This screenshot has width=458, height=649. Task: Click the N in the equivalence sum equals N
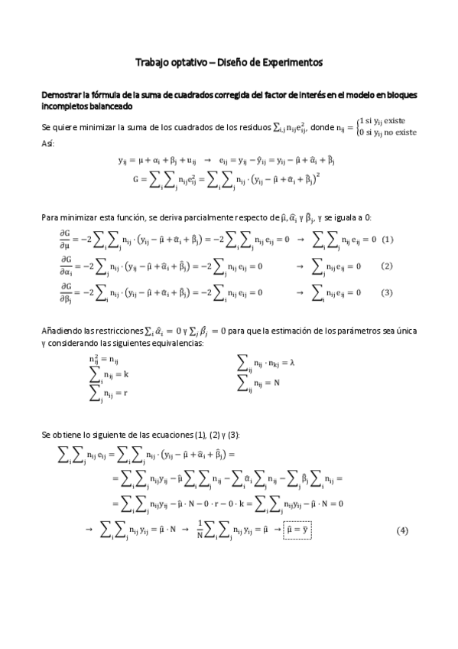click(x=286, y=381)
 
